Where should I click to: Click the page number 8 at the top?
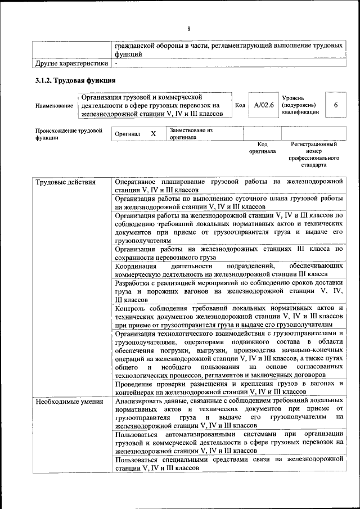189,29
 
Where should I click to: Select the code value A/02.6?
263,105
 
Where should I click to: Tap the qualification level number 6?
335,105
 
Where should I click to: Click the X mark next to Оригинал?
152,134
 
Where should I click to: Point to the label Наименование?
54,106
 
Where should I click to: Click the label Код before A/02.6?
240,105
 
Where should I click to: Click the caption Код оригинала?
262,148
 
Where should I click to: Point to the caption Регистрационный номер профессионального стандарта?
313,155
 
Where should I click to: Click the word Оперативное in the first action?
137,182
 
